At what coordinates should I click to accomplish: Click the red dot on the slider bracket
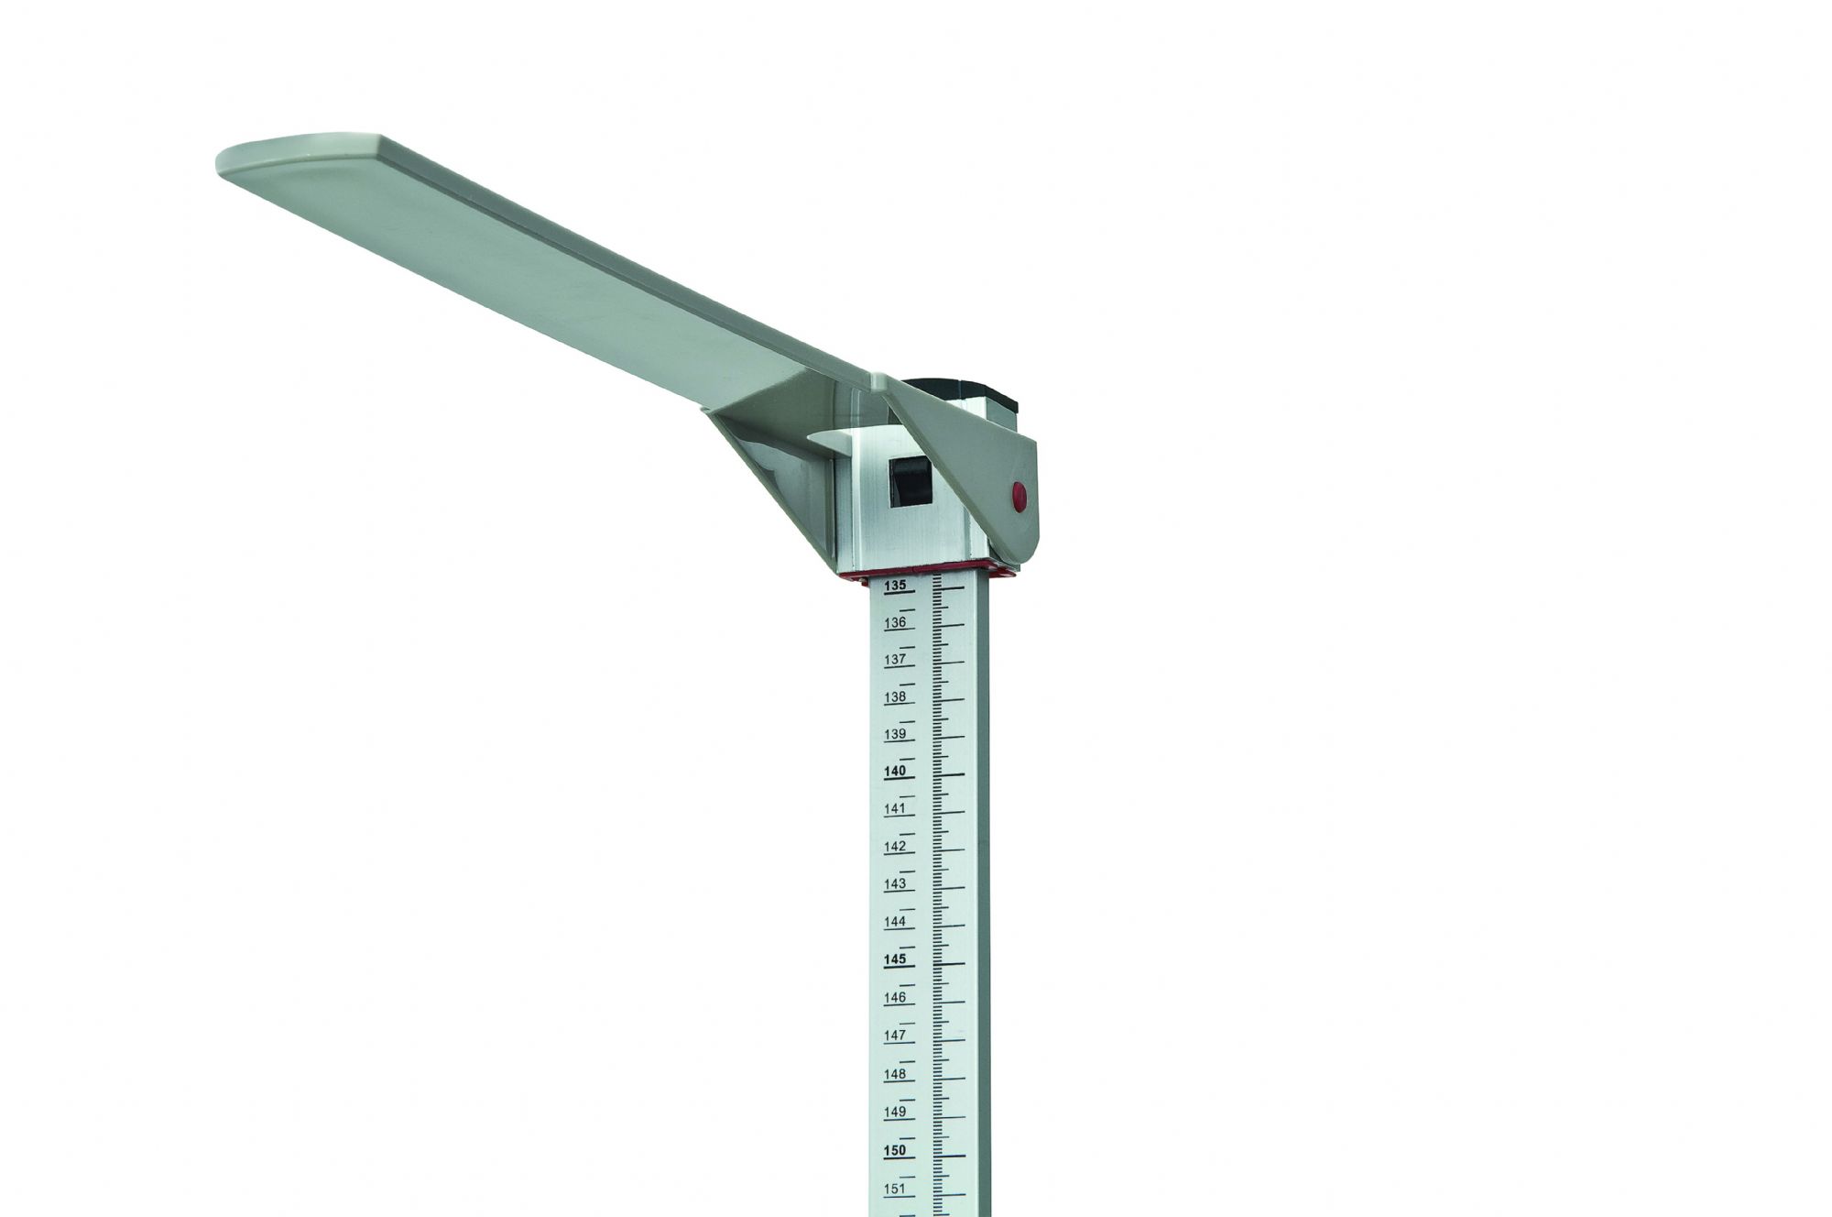click(x=1019, y=498)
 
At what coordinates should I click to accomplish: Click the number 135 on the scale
click(x=895, y=585)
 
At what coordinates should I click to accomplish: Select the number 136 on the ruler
click(x=895, y=622)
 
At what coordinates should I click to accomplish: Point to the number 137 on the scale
click(x=895, y=659)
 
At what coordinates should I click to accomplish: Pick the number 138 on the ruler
click(x=895, y=696)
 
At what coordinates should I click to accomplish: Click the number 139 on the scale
click(x=895, y=734)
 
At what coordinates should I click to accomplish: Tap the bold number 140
click(x=895, y=772)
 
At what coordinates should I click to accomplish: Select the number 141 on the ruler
click(x=895, y=809)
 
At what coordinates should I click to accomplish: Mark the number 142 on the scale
click(x=895, y=847)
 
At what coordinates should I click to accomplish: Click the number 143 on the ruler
click(x=895, y=884)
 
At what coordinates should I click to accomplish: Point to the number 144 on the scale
click(x=895, y=922)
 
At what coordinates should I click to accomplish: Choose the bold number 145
click(x=895, y=959)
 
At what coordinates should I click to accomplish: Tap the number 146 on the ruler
click(x=895, y=998)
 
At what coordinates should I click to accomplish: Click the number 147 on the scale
click(x=895, y=1036)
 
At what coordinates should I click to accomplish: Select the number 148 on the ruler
click(x=895, y=1074)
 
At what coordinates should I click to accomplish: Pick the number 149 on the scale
click(x=895, y=1112)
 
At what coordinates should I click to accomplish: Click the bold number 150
click(x=895, y=1150)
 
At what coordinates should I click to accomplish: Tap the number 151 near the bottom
click(x=895, y=1189)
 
